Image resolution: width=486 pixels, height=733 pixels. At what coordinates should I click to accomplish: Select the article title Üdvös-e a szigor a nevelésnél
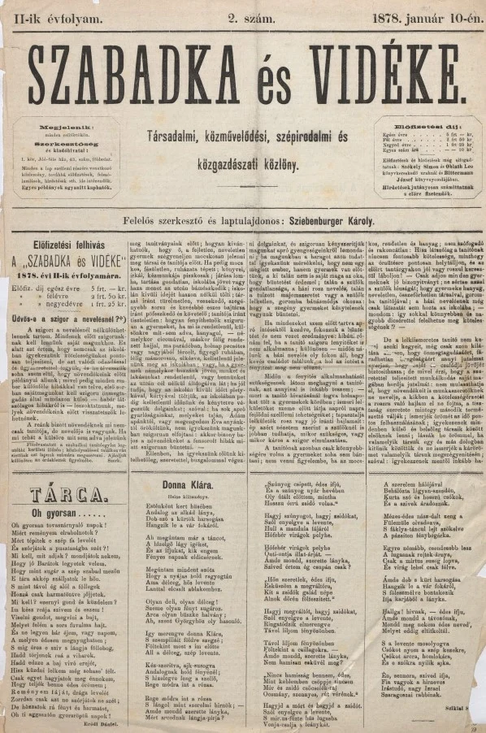tap(62, 297)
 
